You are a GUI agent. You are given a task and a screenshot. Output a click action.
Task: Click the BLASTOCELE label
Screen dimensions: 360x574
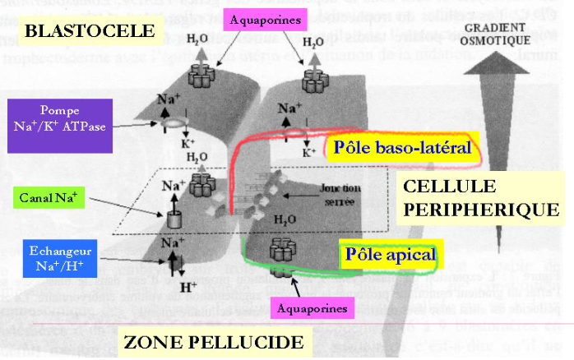[x=90, y=32]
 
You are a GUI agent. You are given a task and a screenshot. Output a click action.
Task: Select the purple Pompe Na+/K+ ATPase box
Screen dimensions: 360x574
[x=55, y=125]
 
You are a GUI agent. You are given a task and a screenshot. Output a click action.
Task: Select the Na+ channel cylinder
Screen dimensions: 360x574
[x=174, y=219]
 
